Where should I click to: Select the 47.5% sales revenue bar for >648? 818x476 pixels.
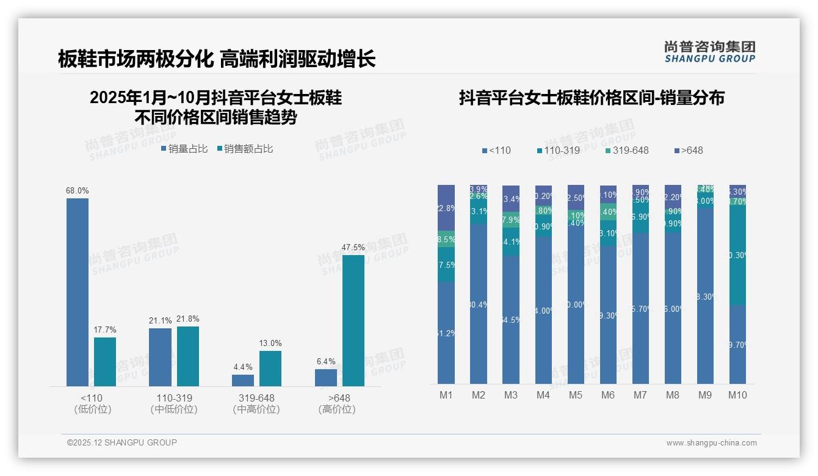point(353,320)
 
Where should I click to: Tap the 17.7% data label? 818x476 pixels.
point(105,330)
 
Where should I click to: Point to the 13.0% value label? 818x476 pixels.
point(270,343)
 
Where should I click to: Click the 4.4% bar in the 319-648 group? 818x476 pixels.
point(243,380)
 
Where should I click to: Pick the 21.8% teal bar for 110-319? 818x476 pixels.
point(188,356)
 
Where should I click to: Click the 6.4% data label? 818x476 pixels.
point(326,361)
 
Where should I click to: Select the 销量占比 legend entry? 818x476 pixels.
point(184,149)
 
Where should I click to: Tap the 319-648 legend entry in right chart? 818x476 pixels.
point(626,150)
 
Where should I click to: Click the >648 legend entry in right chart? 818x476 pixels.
point(689,150)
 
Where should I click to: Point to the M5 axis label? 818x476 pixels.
point(576,395)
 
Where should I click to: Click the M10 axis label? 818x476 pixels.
point(737,395)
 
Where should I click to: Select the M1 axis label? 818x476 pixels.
point(446,395)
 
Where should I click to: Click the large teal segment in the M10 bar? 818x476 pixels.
point(737,255)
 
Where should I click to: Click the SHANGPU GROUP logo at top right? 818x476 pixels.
point(709,52)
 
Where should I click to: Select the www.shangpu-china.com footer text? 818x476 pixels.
point(711,443)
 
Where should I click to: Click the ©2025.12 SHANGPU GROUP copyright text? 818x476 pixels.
point(122,442)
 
